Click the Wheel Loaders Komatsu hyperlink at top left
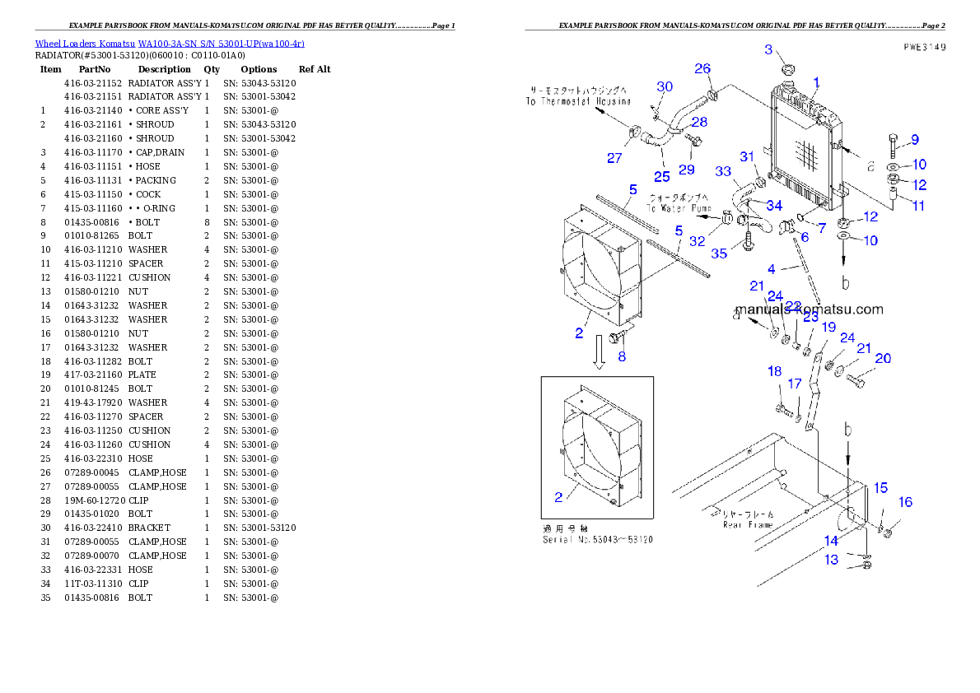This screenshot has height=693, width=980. tap(169, 44)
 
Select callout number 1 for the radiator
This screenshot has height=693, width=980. tap(816, 82)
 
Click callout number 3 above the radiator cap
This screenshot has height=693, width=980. tap(768, 49)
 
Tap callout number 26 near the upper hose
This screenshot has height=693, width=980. tap(702, 68)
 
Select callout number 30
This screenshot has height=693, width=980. tap(665, 86)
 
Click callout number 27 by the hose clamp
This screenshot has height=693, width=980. tap(614, 158)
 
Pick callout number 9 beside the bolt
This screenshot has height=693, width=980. tap(914, 139)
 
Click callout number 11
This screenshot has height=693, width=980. tap(918, 206)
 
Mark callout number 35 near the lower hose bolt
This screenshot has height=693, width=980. tap(719, 253)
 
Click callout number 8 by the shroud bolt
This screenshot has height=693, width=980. tap(622, 357)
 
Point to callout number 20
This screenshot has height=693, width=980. tap(883, 358)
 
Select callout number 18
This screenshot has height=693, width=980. tap(774, 371)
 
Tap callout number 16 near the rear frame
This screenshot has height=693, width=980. tap(905, 502)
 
